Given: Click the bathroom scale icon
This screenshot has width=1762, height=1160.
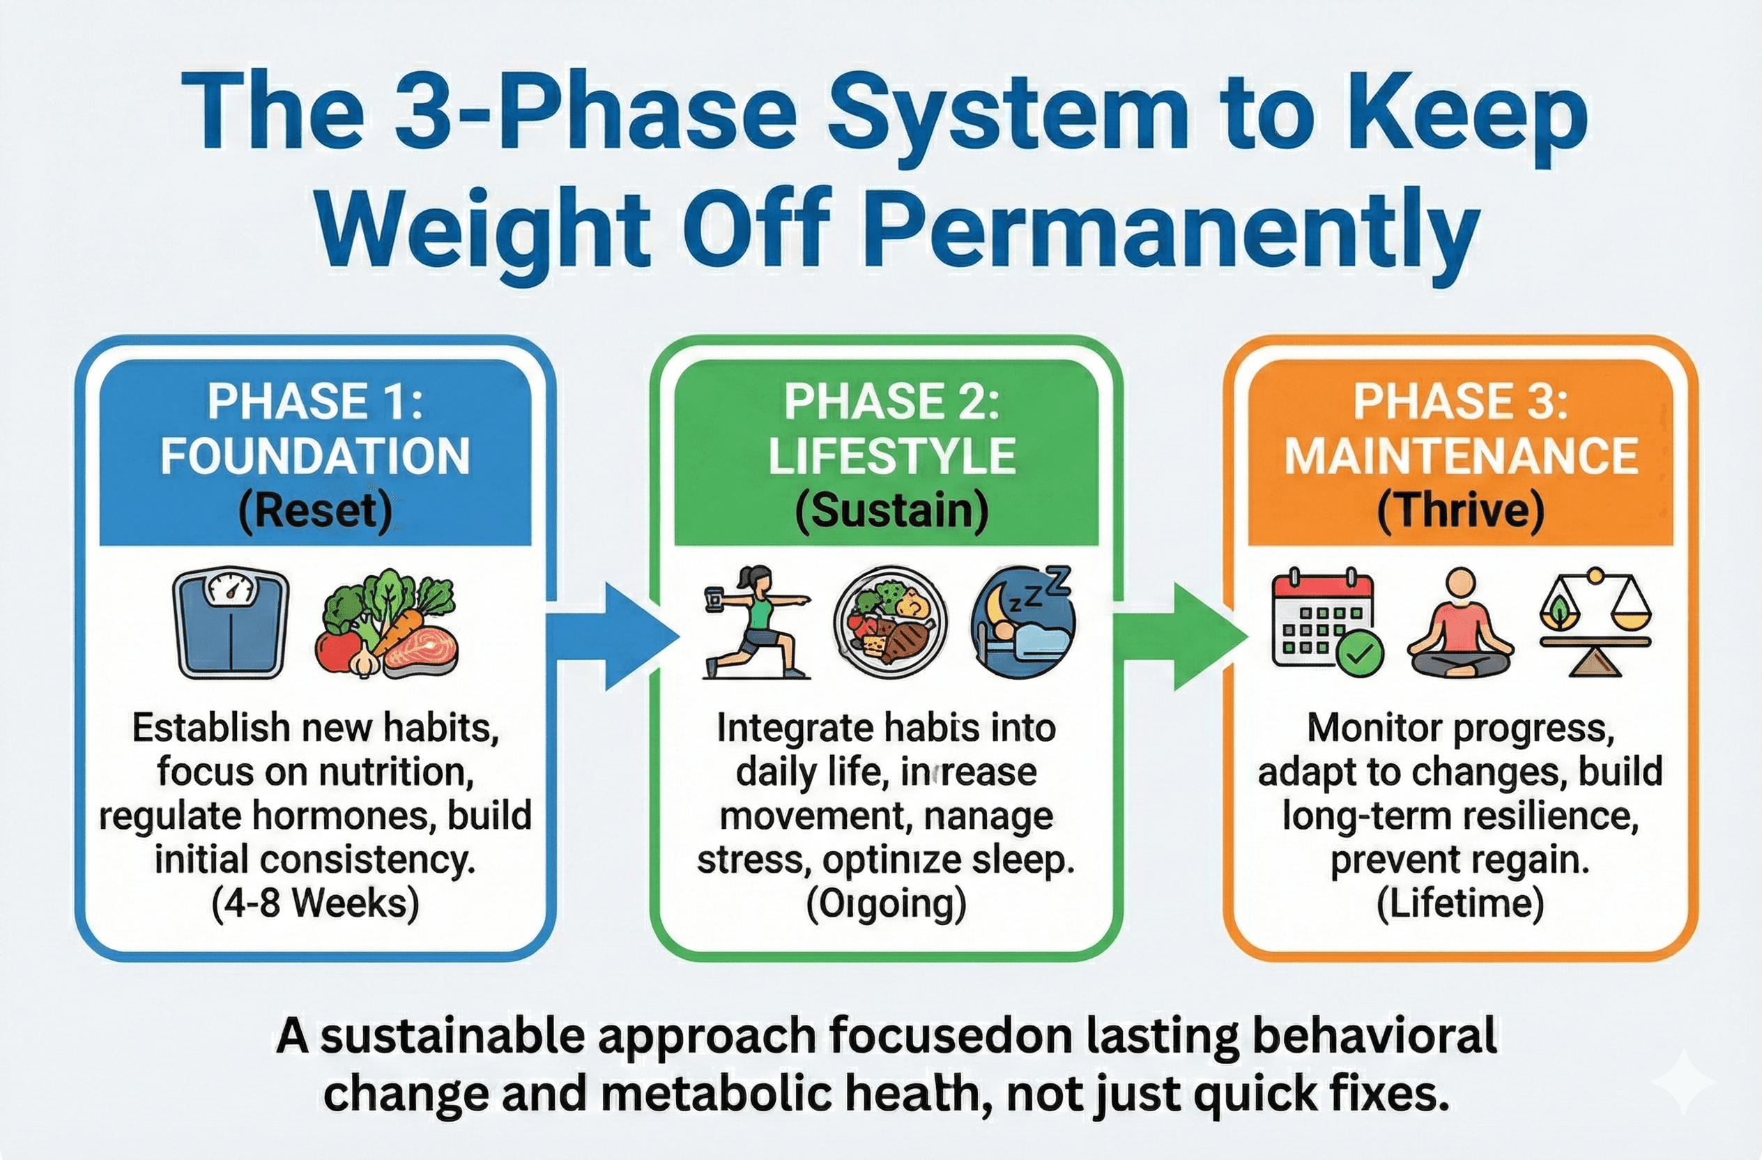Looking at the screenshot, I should click(231, 623).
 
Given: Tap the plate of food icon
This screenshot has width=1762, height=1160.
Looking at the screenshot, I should click(891, 623).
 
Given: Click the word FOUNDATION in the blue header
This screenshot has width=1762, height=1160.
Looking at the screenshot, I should click(315, 456).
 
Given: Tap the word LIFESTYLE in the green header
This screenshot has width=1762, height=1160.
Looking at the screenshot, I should click(891, 456).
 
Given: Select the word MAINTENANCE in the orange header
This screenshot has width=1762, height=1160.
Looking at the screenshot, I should click(1461, 456).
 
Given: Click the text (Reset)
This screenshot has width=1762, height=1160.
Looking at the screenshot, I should click(315, 512).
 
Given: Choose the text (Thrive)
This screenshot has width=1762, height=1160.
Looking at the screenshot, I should click(1461, 512).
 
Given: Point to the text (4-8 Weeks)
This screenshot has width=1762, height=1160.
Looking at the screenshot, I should click(315, 904).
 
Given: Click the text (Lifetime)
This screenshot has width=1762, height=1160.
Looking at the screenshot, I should click(1460, 904).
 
